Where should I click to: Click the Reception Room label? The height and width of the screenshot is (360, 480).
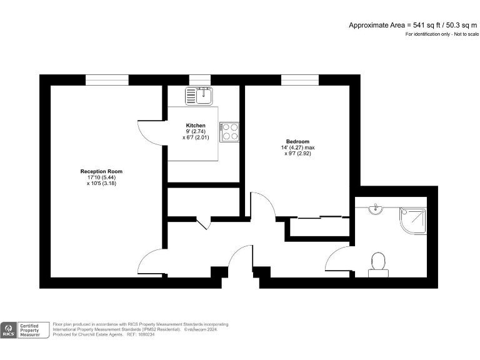tap(101, 171)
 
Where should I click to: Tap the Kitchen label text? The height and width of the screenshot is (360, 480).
tap(196, 126)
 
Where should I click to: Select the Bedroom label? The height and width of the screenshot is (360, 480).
tap(298, 142)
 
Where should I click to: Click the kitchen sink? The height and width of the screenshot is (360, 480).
tap(199, 95)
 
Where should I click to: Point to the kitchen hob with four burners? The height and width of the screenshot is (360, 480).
tap(230, 131)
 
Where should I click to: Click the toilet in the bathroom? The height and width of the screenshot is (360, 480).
tap(377, 263)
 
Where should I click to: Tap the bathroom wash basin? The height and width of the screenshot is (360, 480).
tap(376, 209)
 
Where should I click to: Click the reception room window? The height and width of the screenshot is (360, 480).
tap(107, 79)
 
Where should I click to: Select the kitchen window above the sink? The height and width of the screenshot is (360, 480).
tap(199, 79)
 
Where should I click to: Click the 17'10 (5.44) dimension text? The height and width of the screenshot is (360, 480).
tap(101, 177)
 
